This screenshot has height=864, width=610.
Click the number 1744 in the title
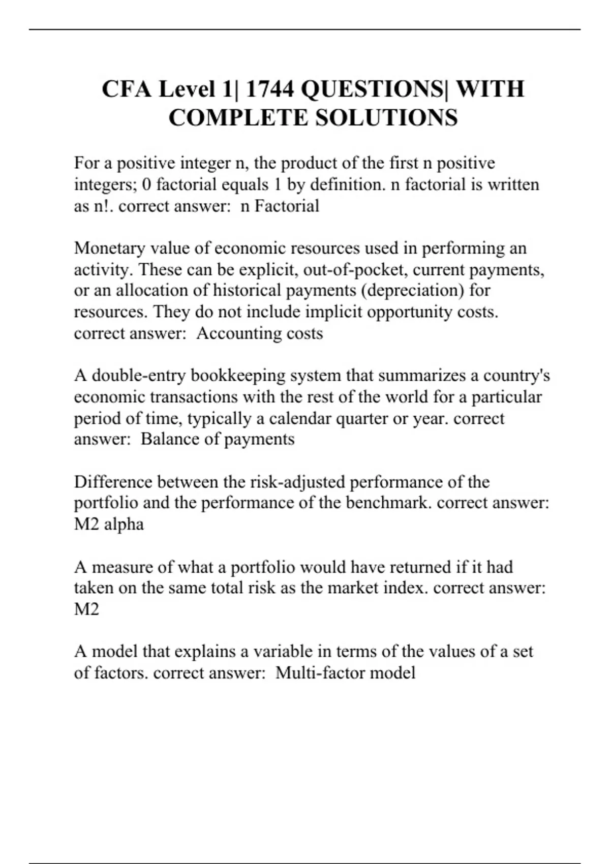pyautogui.click(x=269, y=89)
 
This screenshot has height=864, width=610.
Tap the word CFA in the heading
pyautogui.click(x=127, y=89)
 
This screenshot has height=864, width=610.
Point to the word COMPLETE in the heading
pyautogui.click(x=238, y=118)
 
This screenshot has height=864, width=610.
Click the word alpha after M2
pyautogui.click(x=124, y=524)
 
